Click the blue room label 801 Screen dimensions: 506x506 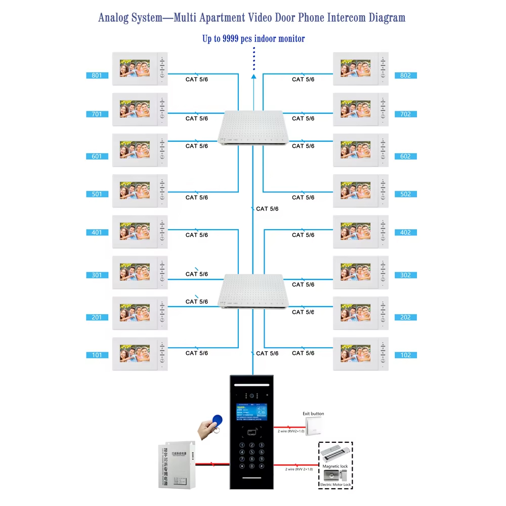[x=97, y=76]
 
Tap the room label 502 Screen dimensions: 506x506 [x=406, y=194]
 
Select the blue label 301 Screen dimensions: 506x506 [x=97, y=275]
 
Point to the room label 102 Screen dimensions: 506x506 [x=406, y=355]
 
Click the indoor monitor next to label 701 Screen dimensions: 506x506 [x=140, y=109]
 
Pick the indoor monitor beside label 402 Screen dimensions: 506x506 [x=361, y=231]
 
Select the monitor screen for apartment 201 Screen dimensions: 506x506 [x=135, y=313]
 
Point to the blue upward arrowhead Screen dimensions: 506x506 [x=254, y=76]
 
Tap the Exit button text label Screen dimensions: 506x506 [x=313, y=414]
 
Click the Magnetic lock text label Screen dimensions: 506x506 [x=336, y=466]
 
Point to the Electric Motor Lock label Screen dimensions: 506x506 [x=335, y=485]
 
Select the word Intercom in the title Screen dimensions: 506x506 [x=346, y=18]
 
